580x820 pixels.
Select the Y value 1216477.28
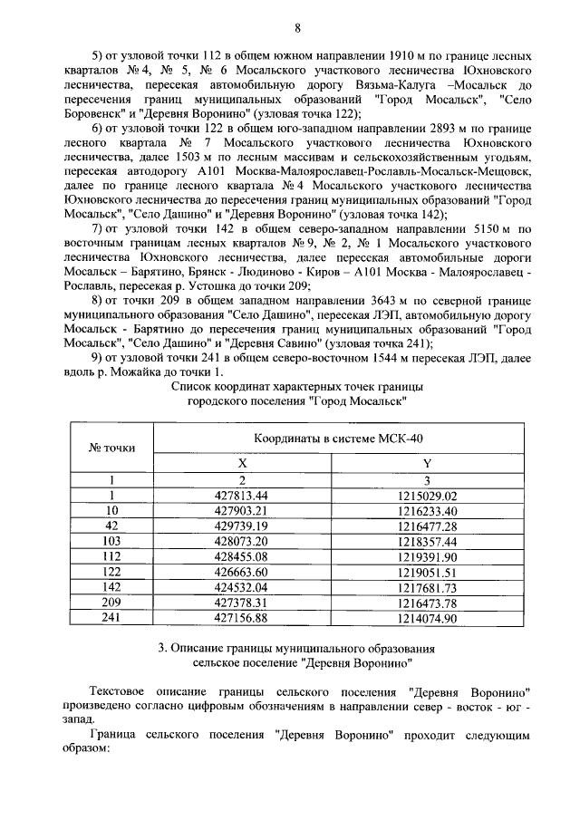[427, 526]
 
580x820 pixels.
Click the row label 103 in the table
[112, 541]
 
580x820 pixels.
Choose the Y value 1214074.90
[427, 618]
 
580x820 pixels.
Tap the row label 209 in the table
[112, 603]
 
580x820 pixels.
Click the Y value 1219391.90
[427, 556]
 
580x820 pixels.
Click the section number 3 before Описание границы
[160, 649]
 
